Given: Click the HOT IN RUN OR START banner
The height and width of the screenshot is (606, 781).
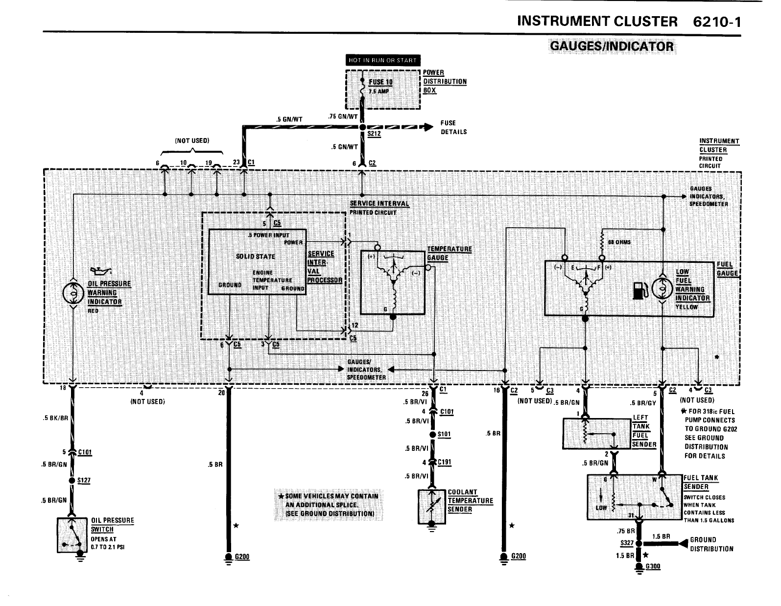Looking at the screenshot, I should pos(382,61).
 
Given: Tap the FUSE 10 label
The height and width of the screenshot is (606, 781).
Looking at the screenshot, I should pos(380,82).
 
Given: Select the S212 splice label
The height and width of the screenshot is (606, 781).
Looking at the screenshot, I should pos(374,135).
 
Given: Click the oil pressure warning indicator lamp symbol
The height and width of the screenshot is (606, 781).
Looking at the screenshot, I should pos(72,293).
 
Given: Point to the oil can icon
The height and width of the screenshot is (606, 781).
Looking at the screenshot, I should pos(101,271).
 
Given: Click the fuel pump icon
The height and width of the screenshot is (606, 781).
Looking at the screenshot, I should pos(640,289).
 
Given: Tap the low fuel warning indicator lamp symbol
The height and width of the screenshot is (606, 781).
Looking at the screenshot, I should pos(662,288).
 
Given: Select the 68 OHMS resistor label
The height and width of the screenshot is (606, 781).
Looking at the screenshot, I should pos(619,242).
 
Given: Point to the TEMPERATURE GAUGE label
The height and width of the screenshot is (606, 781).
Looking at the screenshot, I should pos(449,253).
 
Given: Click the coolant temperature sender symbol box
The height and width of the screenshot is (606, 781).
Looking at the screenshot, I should pos(432,507).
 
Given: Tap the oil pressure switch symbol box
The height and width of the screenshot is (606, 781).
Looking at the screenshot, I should pos(73,535).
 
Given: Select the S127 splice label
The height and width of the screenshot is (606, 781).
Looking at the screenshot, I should pos(84,480).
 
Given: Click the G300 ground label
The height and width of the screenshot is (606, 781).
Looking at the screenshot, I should pos(653,566).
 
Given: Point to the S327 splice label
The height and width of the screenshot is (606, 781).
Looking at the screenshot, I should pos(626,543).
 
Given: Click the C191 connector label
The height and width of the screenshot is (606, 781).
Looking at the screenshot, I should pos(445,462).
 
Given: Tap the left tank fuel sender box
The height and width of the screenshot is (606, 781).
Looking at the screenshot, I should pos(597,433).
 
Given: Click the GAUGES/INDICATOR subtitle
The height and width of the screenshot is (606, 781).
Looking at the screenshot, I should pos(612,47).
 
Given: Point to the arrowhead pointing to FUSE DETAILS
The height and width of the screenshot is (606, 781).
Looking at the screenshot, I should pos(428,127).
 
